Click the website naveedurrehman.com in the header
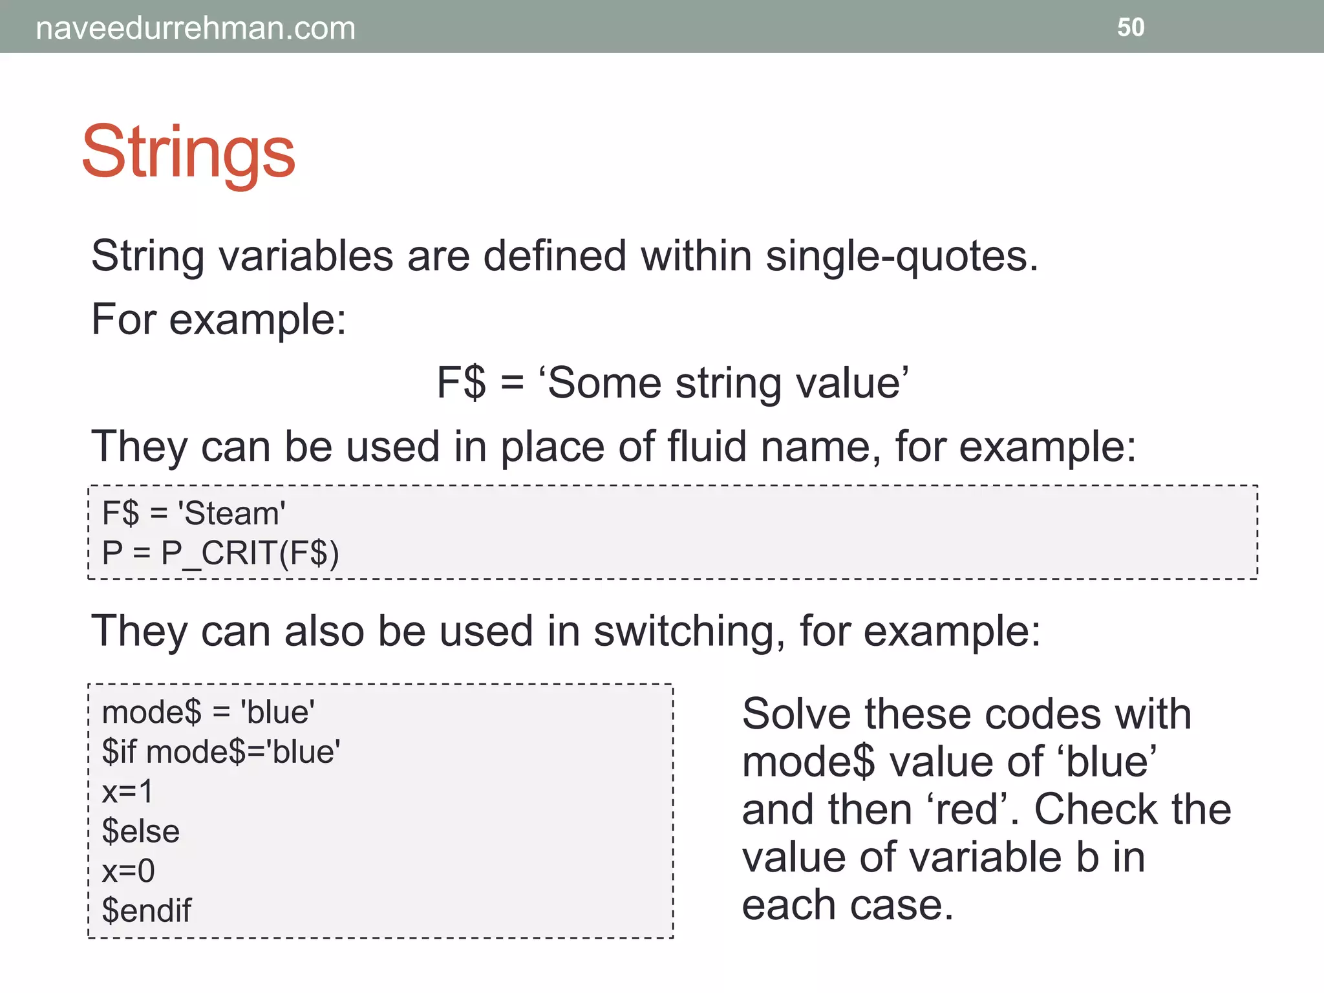[195, 28]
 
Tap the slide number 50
[1131, 28]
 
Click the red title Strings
[188, 153]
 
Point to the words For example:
[219, 319]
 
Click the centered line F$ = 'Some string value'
[672, 382]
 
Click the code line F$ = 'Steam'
[193, 513]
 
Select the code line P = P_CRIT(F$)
[220, 553]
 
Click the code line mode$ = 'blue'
[208, 712]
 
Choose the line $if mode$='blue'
[221, 752]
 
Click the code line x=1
[128, 791]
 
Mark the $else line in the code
[141, 831]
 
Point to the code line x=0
[128, 871]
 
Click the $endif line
[147, 910]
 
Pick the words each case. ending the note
[847, 904]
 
